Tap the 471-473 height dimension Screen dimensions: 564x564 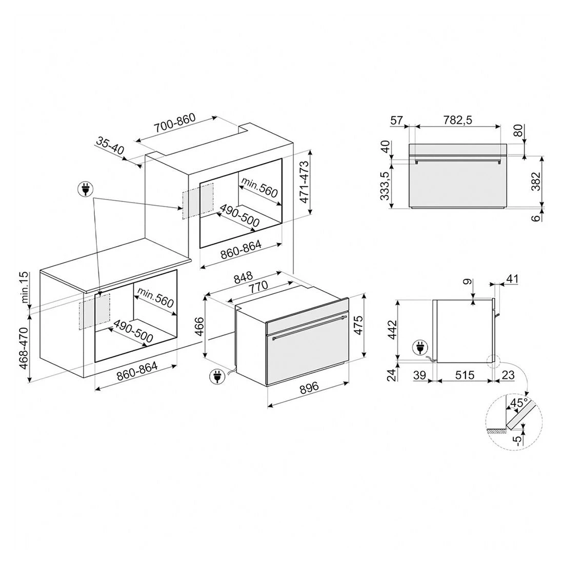(x=304, y=182)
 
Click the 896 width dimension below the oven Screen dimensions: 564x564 (x=309, y=388)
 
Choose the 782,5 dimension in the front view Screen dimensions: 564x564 (x=457, y=120)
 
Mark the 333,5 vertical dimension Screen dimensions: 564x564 (x=385, y=186)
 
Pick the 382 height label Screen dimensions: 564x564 (x=536, y=182)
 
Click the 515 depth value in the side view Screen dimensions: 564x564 (x=465, y=375)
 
